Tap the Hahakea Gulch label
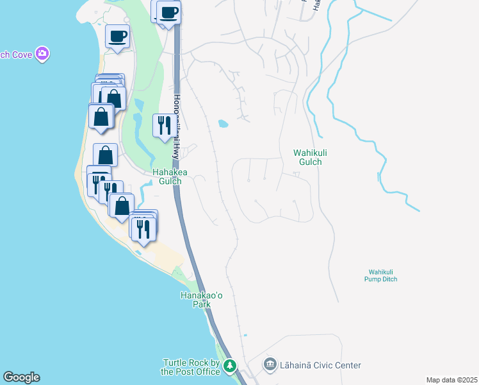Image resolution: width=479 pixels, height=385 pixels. [166, 176]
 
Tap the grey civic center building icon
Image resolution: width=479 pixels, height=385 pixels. [270, 365]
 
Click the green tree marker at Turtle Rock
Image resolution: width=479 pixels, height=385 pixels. [229, 366]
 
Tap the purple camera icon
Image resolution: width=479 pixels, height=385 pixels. [42, 54]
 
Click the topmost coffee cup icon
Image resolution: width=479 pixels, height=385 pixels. [169, 13]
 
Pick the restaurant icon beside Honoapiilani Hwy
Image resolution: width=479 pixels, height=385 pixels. [164, 124]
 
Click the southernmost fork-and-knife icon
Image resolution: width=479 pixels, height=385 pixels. [143, 228]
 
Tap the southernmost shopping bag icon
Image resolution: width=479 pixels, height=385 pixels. [122, 205]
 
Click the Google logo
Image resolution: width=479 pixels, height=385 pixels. [22, 377]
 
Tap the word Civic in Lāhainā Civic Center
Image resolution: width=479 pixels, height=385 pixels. [324, 365]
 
